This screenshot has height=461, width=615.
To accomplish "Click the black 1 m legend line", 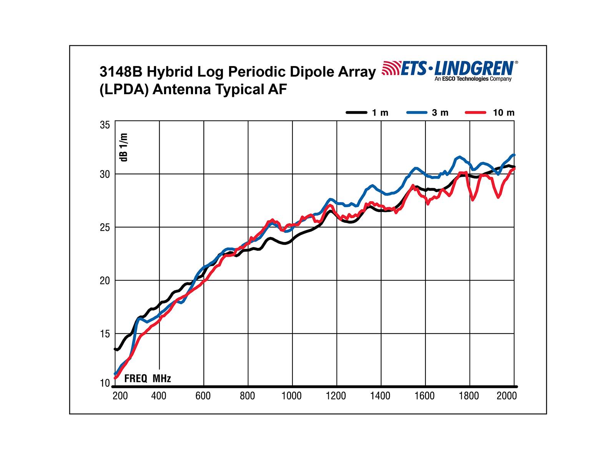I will [x=356, y=113].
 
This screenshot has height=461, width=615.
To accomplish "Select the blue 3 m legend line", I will [x=416, y=113].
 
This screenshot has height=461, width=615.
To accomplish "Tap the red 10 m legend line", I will [x=476, y=113].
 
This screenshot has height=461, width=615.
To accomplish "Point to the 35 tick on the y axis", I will [x=105, y=125].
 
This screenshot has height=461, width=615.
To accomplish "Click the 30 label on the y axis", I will [x=105, y=174].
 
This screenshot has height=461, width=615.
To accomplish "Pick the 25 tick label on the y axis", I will [x=105, y=227].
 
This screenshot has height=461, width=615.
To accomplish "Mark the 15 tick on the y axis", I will [x=105, y=334].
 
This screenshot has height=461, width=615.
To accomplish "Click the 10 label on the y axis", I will [x=105, y=383].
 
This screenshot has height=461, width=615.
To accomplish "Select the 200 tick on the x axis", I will [x=120, y=396].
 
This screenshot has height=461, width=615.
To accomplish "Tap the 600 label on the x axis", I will [x=203, y=396].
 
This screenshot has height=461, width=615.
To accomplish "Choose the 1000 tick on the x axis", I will [x=291, y=396].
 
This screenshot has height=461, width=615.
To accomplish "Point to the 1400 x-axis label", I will [x=380, y=396].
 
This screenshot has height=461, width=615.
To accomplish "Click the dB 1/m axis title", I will [x=124, y=147].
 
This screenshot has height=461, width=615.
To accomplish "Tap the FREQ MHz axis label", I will [x=148, y=378].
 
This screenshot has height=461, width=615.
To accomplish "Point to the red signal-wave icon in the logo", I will [x=391, y=68].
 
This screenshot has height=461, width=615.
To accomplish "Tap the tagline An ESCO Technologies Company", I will [x=473, y=79].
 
